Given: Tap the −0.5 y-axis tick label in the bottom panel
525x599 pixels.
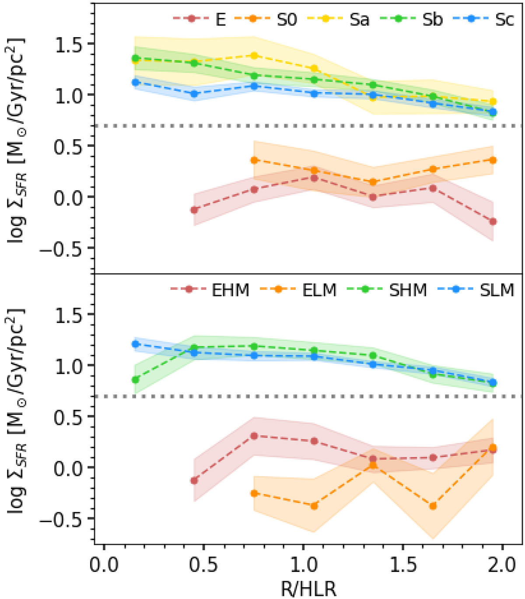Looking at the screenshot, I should (63, 519).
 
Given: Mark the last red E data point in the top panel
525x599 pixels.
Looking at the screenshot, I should (493, 222).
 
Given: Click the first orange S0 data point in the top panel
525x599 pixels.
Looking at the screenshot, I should (253, 160).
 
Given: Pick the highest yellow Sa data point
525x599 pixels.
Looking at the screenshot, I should (253, 56).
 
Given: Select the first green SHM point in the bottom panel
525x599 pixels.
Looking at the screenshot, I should (136, 380).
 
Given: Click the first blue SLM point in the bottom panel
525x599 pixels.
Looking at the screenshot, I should (136, 344).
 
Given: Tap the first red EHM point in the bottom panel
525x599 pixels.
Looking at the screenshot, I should (194, 481).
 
